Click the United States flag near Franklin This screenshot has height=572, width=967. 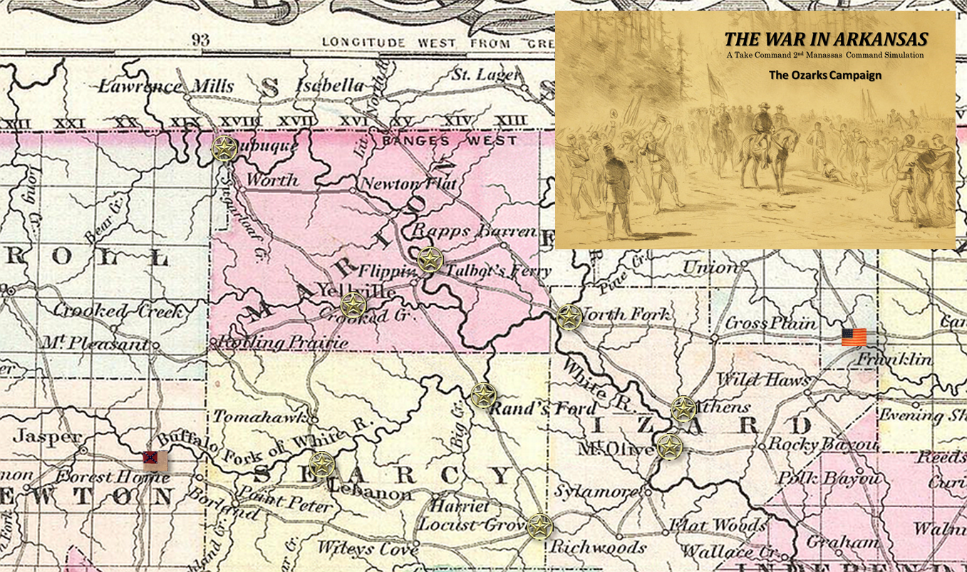point(854,337)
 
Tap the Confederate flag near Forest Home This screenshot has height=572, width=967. point(155,461)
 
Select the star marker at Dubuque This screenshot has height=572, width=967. point(224,149)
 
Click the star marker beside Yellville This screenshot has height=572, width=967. point(353,305)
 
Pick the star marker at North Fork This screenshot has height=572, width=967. point(569,317)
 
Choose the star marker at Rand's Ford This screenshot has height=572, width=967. point(483,395)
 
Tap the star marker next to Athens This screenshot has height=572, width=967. point(683,409)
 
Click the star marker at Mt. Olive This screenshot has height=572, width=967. point(669,447)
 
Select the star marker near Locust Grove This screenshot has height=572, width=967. point(539,526)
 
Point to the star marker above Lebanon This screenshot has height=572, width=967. point(321,464)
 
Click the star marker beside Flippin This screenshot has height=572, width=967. point(430,260)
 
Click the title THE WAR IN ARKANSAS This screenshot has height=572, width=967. point(825,40)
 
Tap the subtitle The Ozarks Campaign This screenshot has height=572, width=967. point(824,75)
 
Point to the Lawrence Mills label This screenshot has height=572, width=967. point(165,87)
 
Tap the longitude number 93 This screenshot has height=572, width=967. point(200,40)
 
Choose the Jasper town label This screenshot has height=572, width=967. point(48,436)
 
